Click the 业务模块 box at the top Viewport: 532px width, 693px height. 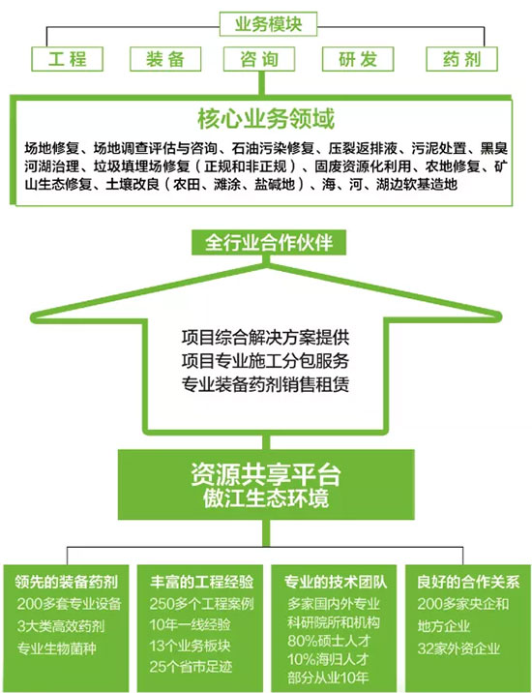click(268, 24)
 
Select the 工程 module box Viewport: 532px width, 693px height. click(67, 59)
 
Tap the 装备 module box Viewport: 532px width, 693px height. click(165, 59)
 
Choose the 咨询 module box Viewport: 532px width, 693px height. click(259, 59)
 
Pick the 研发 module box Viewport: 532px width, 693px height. click(358, 59)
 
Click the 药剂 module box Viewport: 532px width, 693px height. click(461, 59)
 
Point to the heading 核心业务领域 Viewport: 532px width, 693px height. click(266, 118)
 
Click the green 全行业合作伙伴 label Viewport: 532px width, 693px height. click(269, 242)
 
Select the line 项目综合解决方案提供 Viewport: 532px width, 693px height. click(265, 338)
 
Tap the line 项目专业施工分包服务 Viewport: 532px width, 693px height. click(265, 361)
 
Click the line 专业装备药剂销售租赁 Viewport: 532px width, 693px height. click(265, 383)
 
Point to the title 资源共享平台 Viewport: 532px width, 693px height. click(266, 474)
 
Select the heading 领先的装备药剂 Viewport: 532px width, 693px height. click(67, 582)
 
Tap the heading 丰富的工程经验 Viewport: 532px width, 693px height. click(201, 582)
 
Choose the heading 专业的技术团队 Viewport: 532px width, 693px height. click(336, 582)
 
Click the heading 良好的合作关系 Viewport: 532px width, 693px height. click(468, 582)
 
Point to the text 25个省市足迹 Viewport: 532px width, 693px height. click(191, 667)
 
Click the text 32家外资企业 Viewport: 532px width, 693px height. click(458, 648)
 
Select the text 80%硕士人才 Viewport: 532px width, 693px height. click(329, 641)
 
